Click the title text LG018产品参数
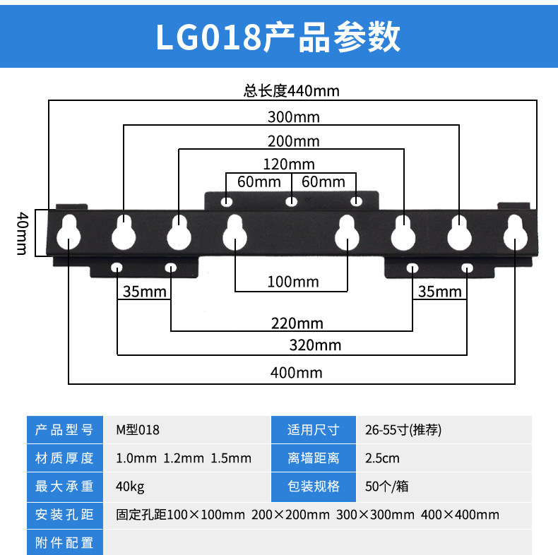tap(278, 37)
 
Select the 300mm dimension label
tap(292, 116)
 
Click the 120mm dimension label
tap(290, 165)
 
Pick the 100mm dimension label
tap(292, 282)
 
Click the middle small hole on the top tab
tap(291, 202)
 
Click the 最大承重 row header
tap(64, 486)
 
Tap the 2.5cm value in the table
tap(381, 458)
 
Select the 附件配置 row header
tap(64, 542)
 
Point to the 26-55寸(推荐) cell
tap(403, 429)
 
